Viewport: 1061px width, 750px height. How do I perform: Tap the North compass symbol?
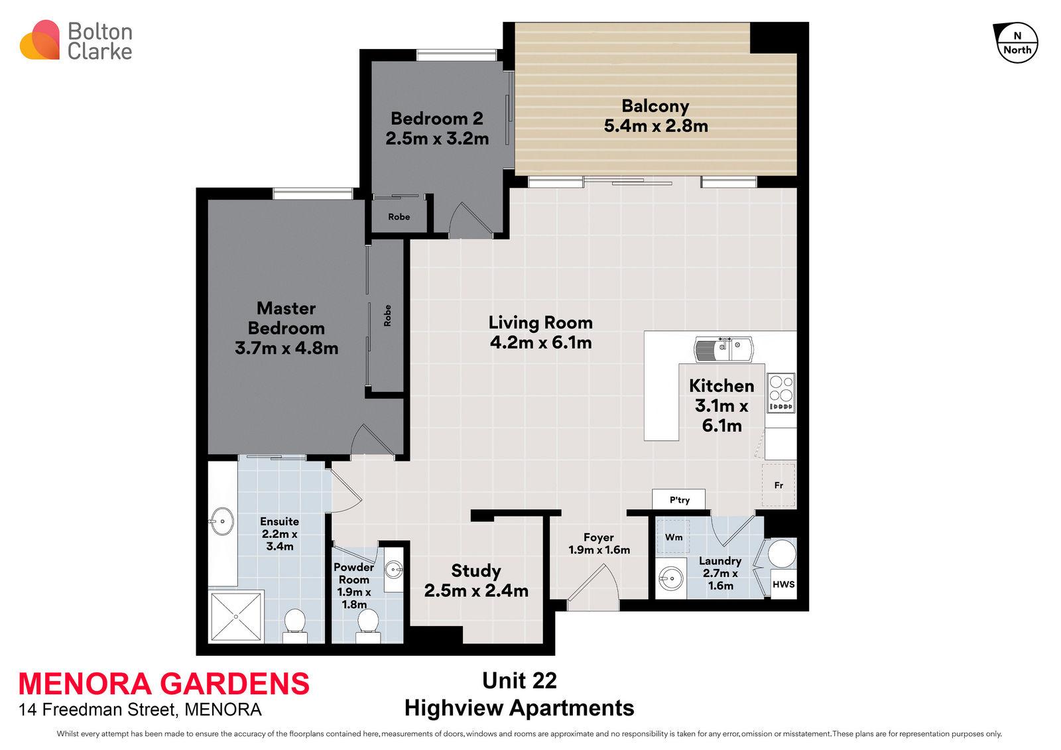(1016, 43)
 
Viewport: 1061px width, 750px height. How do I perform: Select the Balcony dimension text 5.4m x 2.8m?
(655, 125)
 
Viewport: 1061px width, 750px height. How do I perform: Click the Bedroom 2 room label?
(436, 119)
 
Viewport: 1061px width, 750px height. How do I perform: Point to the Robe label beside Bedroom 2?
(399, 217)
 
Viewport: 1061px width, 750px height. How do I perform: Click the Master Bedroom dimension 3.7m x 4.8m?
(286, 348)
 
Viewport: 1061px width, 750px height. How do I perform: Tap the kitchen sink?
(723, 348)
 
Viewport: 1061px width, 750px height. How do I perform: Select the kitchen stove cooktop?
(780, 393)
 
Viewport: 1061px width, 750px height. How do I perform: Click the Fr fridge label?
(779, 485)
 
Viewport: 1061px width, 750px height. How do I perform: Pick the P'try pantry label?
(679, 500)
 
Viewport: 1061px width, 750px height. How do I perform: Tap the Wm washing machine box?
(674, 537)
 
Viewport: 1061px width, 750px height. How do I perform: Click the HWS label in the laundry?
(783, 585)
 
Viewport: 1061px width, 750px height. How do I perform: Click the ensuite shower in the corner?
(236, 616)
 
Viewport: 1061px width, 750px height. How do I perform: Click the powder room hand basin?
(395, 569)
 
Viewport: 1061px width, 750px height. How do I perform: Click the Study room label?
(475, 571)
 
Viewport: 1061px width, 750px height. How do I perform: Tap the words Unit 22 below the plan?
(519, 680)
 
